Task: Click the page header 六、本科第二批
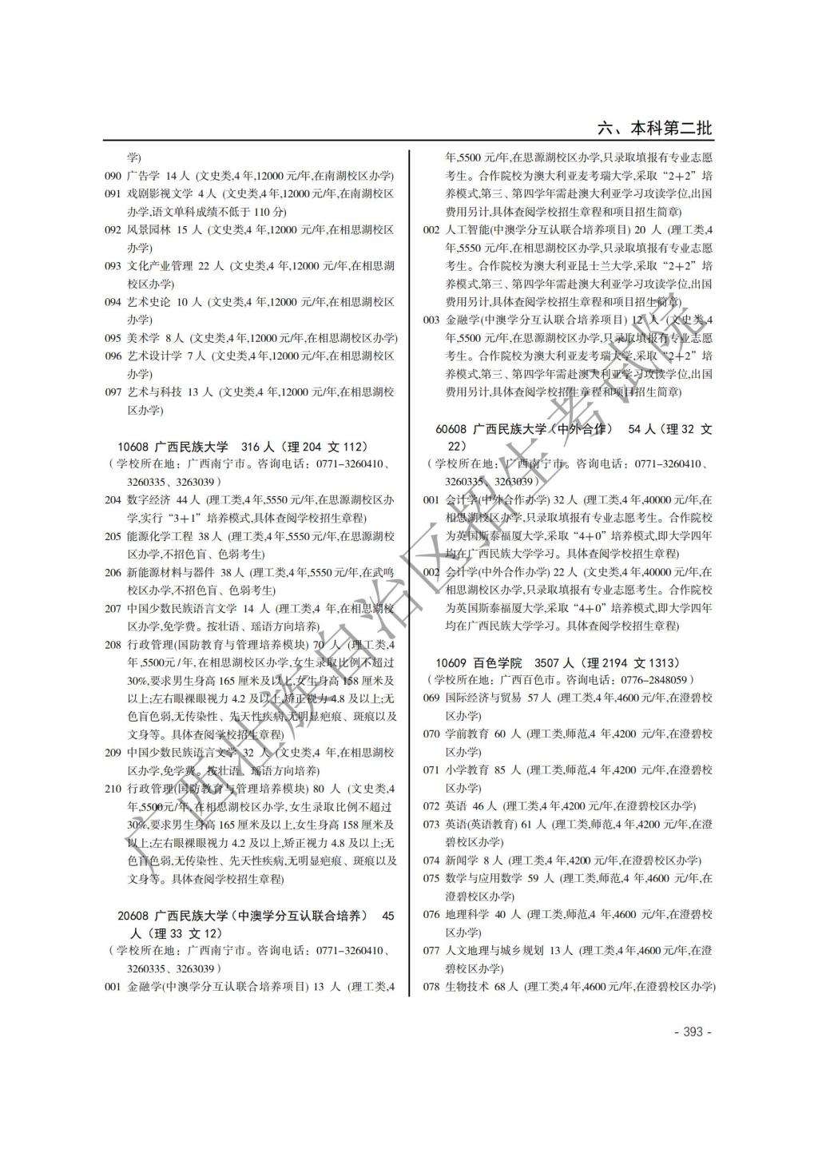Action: pos(654,129)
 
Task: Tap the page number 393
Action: pos(693,1032)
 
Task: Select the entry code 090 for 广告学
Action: pos(113,176)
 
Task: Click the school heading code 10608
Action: pos(133,447)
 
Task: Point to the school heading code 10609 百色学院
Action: pos(451,663)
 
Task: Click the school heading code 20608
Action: pos(133,916)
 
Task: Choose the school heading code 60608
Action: pos(451,429)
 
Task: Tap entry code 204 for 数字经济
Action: pos(113,500)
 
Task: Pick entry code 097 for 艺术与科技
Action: pos(113,392)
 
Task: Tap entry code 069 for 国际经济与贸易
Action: pos(431,698)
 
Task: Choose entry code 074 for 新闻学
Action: pos(431,861)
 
